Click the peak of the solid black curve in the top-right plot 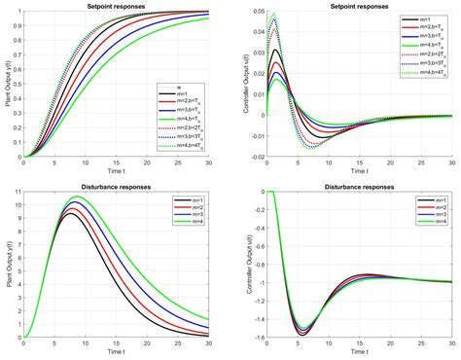coord(277,51)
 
